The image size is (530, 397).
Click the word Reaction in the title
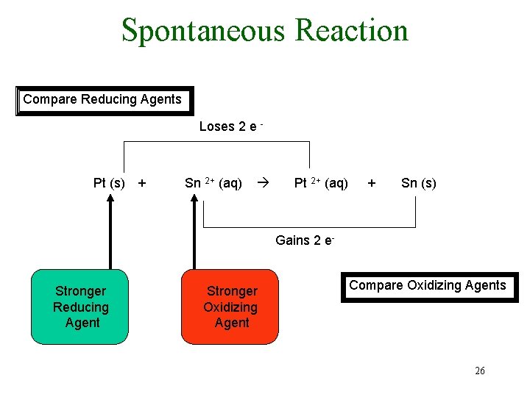350,31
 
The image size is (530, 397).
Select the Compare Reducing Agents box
102,100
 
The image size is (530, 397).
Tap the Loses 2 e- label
231,126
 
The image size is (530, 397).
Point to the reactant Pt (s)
109,183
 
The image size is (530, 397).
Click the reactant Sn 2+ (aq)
213,183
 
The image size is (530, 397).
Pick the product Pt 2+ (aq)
321,183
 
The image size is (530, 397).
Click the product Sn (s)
418,183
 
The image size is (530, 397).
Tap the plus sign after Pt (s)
142,183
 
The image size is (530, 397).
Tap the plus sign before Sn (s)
372,183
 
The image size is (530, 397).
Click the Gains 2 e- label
305,240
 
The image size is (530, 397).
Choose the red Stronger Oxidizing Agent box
230,307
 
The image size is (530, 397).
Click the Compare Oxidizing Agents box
428,286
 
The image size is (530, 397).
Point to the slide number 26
479,371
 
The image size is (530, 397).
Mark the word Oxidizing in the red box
230,307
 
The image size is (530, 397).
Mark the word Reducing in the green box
80,307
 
